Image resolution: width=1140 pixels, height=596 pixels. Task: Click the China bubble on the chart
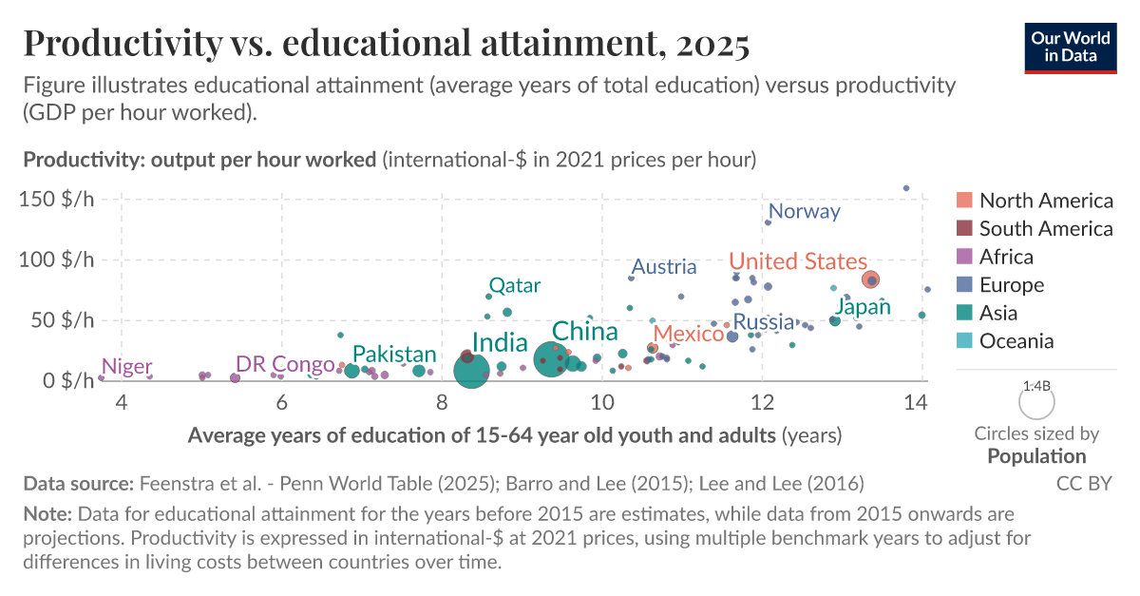551,359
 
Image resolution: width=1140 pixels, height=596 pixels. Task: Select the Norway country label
804,211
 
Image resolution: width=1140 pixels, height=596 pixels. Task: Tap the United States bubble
870,279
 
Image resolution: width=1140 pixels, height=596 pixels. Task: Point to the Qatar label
514,285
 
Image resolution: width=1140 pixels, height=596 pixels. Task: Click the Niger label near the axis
126,366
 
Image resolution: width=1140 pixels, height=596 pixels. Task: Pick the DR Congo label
285,364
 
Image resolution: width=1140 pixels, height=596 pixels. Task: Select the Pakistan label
394,355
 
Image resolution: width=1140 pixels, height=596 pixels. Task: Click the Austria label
664,267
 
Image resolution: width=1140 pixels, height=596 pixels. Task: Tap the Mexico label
690,334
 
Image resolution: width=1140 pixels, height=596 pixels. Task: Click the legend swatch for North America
964,201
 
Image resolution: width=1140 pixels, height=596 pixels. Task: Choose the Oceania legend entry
1016,341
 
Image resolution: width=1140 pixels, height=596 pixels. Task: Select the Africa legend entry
1006,257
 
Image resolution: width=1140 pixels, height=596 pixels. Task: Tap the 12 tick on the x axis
761,403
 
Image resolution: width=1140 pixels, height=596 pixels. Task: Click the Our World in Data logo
1070,47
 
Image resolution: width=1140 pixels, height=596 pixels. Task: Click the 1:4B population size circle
1036,403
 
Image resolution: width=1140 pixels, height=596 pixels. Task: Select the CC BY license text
1084,483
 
